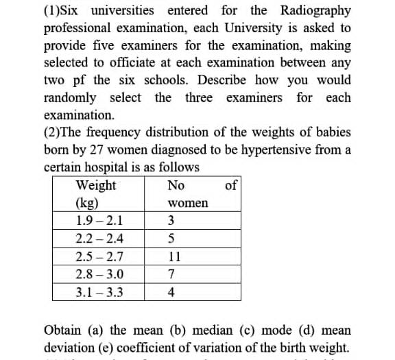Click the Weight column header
pyautogui.click(x=96, y=186)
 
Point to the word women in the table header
pyautogui.click(x=187, y=203)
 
